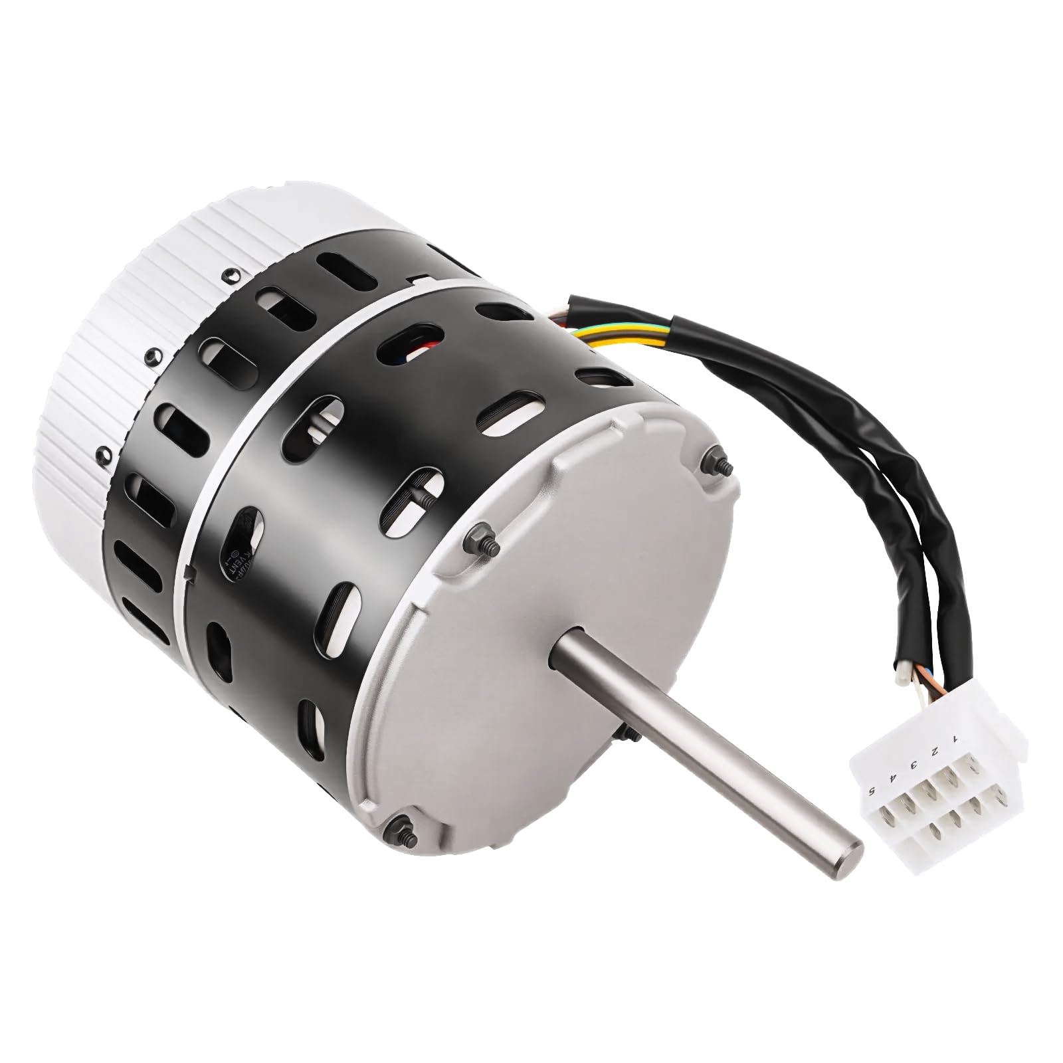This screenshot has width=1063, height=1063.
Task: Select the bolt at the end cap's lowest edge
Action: coord(400,826)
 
